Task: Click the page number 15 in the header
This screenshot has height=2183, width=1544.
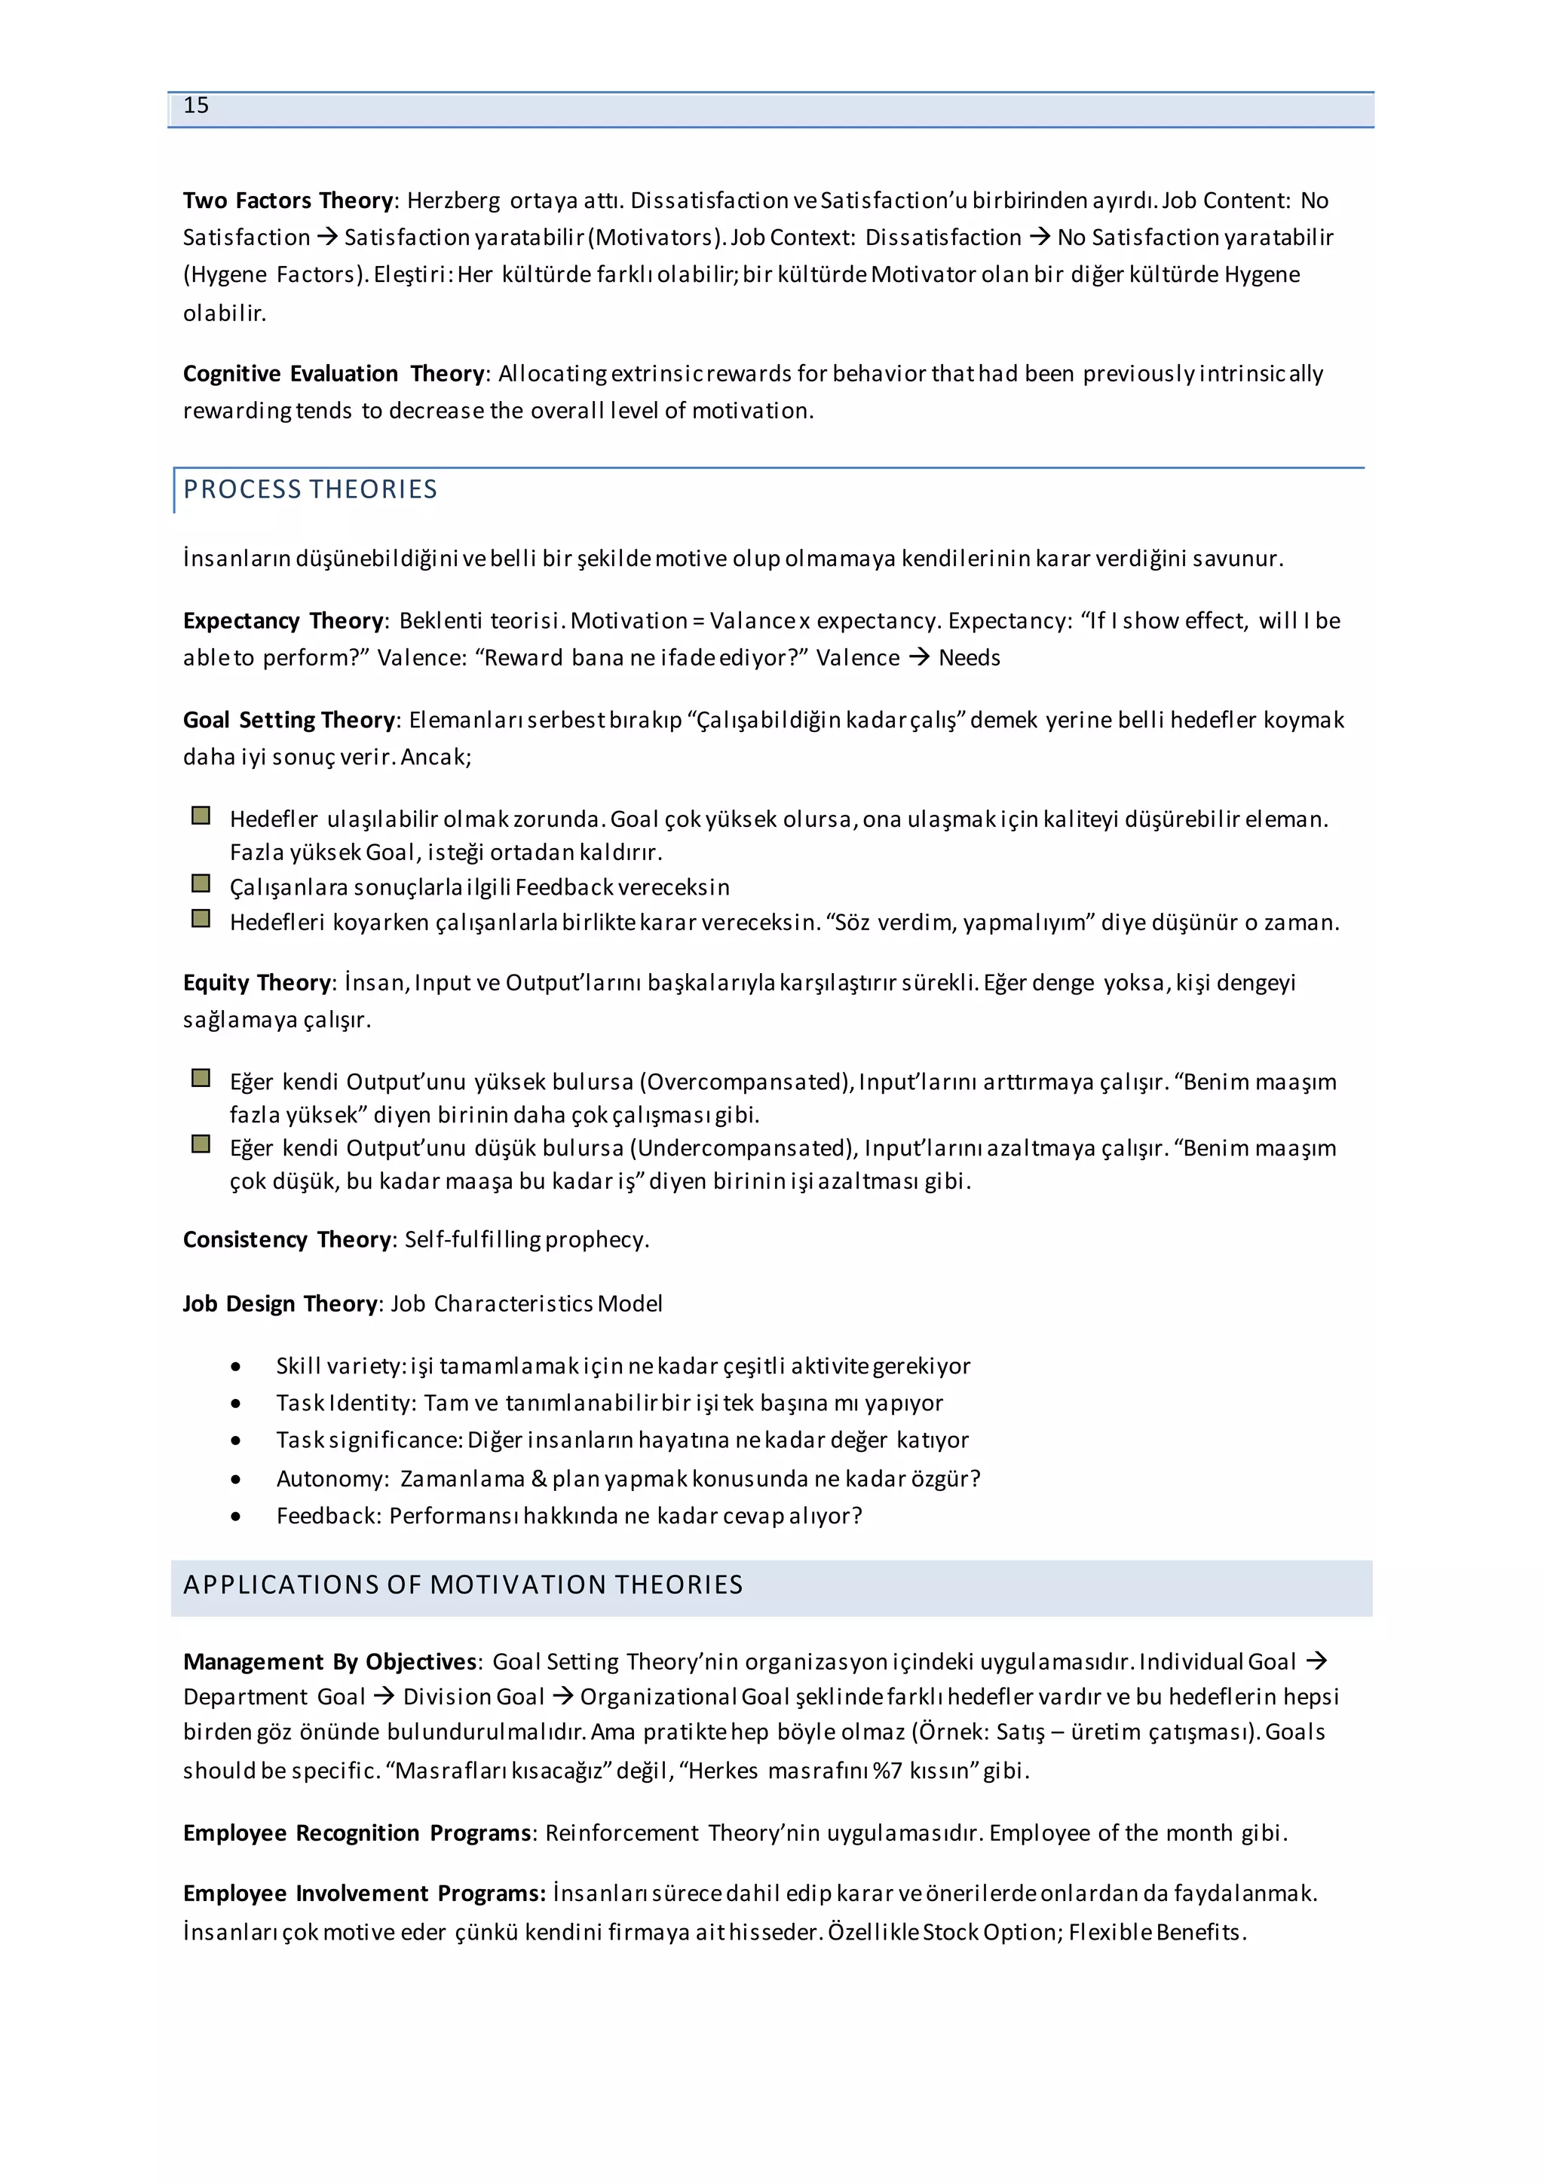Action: (x=196, y=106)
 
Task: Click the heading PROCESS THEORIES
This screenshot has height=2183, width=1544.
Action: (x=310, y=490)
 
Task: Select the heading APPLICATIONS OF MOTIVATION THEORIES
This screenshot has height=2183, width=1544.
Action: (x=463, y=1585)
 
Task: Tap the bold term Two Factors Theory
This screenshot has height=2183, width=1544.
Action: (x=288, y=201)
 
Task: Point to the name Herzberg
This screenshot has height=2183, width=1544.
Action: (x=454, y=201)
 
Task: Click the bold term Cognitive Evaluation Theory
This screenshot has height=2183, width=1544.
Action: (x=334, y=374)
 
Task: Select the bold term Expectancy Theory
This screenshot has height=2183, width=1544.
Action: (x=283, y=621)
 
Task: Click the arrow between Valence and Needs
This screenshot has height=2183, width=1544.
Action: (x=918, y=657)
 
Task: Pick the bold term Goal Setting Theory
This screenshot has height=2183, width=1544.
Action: (x=289, y=720)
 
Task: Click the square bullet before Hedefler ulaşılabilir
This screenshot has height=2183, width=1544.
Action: (x=201, y=816)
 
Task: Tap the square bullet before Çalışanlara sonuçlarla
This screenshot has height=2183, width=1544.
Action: (x=201, y=884)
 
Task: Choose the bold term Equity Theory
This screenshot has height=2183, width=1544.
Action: (x=256, y=982)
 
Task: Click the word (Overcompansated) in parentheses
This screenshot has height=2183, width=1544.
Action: (x=746, y=1082)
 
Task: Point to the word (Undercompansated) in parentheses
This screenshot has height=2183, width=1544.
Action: (x=742, y=1149)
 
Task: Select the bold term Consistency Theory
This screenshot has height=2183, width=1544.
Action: (x=287, y=1240)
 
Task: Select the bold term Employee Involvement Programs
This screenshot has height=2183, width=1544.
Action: (x=364, y=1894)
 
